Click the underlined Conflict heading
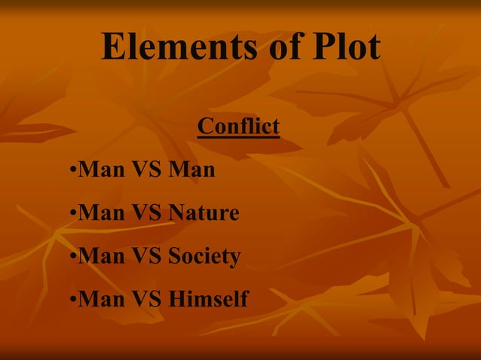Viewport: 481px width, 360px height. coord(238,127)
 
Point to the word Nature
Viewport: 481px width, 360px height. coord(204,213)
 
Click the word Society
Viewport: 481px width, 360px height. coord(204,257)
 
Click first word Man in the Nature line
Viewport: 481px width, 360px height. coord(102,213)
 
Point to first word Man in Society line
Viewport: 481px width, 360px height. coord(102,257)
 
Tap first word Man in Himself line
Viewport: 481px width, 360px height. coord(102,300)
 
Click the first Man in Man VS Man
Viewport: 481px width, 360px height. coord(102,170)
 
